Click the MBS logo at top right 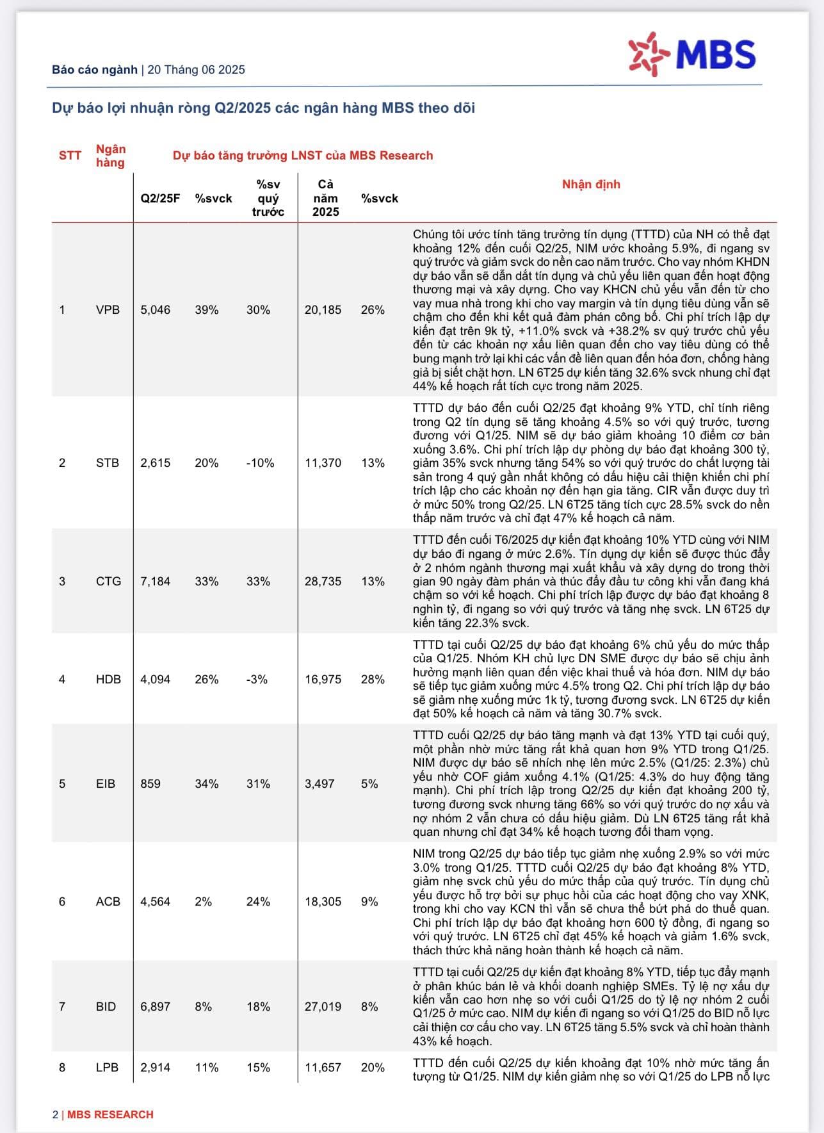(x=692, y=52)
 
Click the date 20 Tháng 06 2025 (x=196, y=70)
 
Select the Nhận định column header (x=590, y=184)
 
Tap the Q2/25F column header (x=160, y=199)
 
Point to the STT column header (x=70, y=156)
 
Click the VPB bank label (x=108, y=310)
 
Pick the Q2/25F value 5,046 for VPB (x=156, y=310)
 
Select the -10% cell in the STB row (x=260, y=463)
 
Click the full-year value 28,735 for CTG (x=323, y=582)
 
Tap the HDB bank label (x=108, y=680)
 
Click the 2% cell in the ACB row (x=203, y=902)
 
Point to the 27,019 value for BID (x=323, y=1007)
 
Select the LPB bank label (x=107, y=1068)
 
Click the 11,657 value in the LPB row (x=323, y=1068)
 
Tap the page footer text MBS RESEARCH (x=110, y=1114)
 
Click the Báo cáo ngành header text (x=95, y=70)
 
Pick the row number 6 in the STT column (x=62, y=902)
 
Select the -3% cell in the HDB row (x=257, y=680)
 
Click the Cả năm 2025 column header (x=325, y=199)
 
